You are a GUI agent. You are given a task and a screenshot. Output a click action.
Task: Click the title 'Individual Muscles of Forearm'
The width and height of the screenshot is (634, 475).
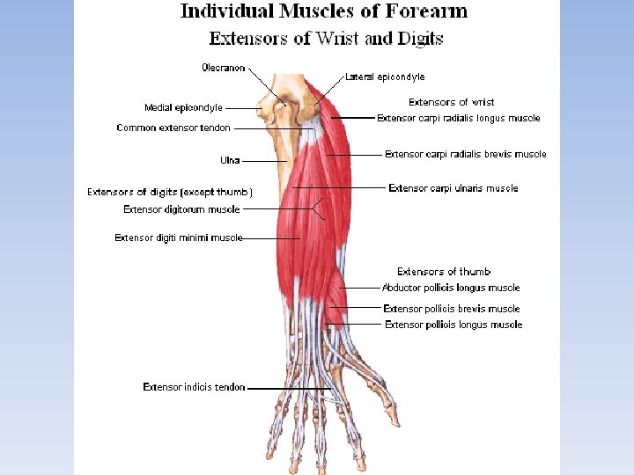(x=324, y=11)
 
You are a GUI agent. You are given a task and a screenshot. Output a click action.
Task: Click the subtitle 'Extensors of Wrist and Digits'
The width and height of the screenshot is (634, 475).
(x=326, y=39)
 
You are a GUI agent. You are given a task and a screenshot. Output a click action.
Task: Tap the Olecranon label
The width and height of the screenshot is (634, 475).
(x=224, y=68)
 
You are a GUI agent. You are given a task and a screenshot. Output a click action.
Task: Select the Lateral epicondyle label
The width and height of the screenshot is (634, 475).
(x=385, y=77)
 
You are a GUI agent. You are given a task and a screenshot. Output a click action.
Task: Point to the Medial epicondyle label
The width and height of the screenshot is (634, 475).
(x=183, y=108)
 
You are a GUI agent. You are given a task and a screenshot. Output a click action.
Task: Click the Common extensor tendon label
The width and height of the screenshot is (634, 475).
(x=173, y=128)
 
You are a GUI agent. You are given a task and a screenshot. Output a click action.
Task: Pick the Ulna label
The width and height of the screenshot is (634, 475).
(x=230, y=161)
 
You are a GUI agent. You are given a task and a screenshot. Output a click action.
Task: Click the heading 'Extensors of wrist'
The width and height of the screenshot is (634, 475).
(x=451, y=103)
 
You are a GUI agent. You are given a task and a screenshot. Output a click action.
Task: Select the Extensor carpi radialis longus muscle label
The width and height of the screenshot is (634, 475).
(x=458, y=118)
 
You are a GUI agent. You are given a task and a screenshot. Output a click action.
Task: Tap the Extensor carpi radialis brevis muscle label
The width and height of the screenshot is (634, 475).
(x=465, y=154)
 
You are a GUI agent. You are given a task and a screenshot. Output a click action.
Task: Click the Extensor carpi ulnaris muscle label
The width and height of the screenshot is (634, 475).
(x=453, y=188)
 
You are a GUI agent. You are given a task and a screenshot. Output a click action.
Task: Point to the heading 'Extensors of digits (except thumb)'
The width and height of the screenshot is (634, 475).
(x=170, y=192)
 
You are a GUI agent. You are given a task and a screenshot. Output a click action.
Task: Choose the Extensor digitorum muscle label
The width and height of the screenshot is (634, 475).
(x=181, y=209)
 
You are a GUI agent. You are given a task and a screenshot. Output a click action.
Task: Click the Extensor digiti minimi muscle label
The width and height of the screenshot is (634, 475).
(x=178, y=237)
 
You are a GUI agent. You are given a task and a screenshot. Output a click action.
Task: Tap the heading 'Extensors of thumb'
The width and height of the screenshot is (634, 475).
(x=444, y=272)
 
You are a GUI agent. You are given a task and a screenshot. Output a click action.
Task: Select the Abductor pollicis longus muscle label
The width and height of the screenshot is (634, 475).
(x=451, y=288)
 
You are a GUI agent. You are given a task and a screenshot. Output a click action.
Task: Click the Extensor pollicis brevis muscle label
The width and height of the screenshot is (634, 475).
(x=452, y=309)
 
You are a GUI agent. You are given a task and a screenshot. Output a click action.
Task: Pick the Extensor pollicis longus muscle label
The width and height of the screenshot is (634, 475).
(x=453, y=325)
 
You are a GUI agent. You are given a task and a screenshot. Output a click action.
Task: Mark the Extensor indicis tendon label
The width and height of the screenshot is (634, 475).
(x=194, y=387)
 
